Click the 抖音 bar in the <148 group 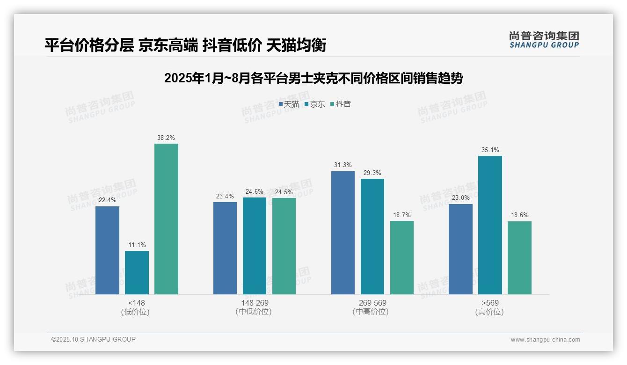click(x=166, y=219)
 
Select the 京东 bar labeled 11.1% click(x=137, y=272)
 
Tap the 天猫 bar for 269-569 click(x=343, y=233)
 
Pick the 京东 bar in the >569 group click(x=490, y=225)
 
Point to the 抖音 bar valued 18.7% click(x=402, y=257)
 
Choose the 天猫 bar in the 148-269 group click(x=225, y=248)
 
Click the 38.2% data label click(x=166, y=138)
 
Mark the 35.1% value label click(x=490, y=150)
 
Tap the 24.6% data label click(x=255, y=192)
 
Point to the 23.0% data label click(x=460, y=198)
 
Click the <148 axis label click(x=137, y=303)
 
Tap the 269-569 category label click(x=372, y=303)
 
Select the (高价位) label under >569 click(x=490, y=312)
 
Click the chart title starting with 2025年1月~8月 click(x=313, y=78)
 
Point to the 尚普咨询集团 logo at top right click(x=544, y=40)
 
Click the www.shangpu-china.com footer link click(x=545, y=340)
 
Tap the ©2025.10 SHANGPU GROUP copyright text click(x=94, y=339)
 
